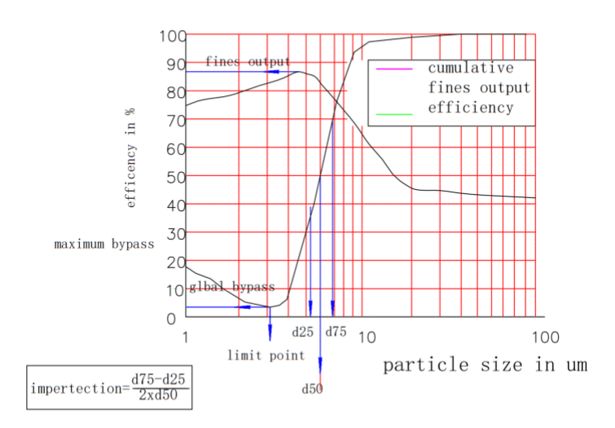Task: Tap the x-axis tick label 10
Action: pyautogui.click(x=367, y=337)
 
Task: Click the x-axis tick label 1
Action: pyautogui.click(x=187, y=337)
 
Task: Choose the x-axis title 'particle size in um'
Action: pyautogui.click(x=485, y=364)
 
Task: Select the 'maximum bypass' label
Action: pyautogui.click(x=104, y=244)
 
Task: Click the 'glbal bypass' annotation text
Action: pyautogui.click(x=232, y=287)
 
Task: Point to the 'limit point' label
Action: pyautogui.click(x=266, y=355)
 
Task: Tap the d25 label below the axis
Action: pyautogui.click(x=303, y=333)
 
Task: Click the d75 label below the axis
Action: pyautogui.click(x=336, y=333)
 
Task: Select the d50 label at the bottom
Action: pyautogui.click(x=312, y=389)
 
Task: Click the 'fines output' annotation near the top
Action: pyautogui.click(x=248, y=61)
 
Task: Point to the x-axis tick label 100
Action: pyautogui.click(x=546, y=337)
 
